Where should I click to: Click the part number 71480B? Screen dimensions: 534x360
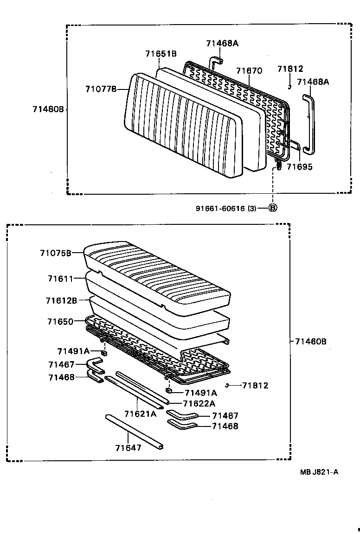48,109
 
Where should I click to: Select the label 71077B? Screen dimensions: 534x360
100,89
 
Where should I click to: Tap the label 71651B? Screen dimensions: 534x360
161,54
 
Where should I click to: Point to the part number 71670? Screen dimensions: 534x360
249,71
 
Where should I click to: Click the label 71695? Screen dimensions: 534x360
299,167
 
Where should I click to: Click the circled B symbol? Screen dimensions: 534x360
273,208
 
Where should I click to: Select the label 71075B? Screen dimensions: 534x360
55,253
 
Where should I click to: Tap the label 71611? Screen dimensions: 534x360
60,279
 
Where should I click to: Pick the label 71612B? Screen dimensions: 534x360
61,300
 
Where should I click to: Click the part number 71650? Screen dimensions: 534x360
60,321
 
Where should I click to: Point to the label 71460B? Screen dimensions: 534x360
310,342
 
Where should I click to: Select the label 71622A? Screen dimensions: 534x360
199,404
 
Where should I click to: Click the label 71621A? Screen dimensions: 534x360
140,413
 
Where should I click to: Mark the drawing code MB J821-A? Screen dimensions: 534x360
319,472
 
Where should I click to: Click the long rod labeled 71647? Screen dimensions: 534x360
135,431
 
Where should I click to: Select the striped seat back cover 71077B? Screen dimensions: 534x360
183,125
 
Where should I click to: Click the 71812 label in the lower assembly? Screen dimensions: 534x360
255,385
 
